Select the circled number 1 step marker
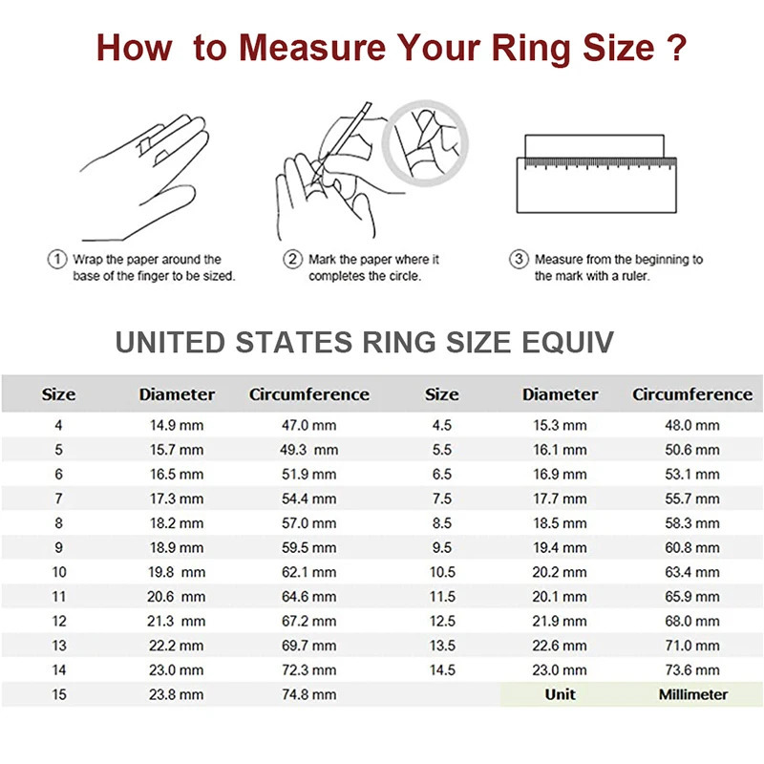(56, 260)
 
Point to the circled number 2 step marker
(292, 260)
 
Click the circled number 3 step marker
(519, 260)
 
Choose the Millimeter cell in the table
(692, 694)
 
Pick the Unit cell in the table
(561, 694)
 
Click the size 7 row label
(59, 499)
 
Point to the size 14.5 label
(441, 670)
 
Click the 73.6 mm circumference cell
(692, 670)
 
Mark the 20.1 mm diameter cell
(561, 597)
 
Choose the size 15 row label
(59, 694)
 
